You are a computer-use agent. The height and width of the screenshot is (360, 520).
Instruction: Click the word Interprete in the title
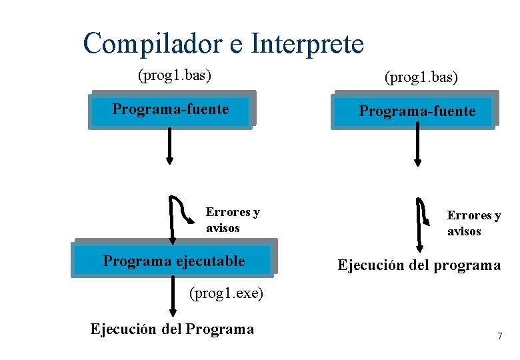coord(307,44)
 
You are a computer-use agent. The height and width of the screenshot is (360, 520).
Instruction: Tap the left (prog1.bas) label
coord(175,75)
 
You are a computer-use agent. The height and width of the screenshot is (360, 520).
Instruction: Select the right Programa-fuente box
coord(414,111)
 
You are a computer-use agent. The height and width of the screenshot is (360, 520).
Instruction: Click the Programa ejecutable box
coord(173,261)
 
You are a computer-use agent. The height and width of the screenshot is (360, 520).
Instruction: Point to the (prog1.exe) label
coord(227,293)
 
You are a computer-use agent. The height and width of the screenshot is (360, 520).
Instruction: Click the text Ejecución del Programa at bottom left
coord(172,329)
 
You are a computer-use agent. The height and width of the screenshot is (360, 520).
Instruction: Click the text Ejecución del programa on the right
coord(419,265)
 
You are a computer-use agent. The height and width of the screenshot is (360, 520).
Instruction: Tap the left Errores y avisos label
coord(232,220)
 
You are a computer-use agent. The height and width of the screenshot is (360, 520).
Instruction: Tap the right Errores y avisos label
coord(473,223)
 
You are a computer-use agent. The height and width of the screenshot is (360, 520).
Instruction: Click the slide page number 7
coord(499,336)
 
